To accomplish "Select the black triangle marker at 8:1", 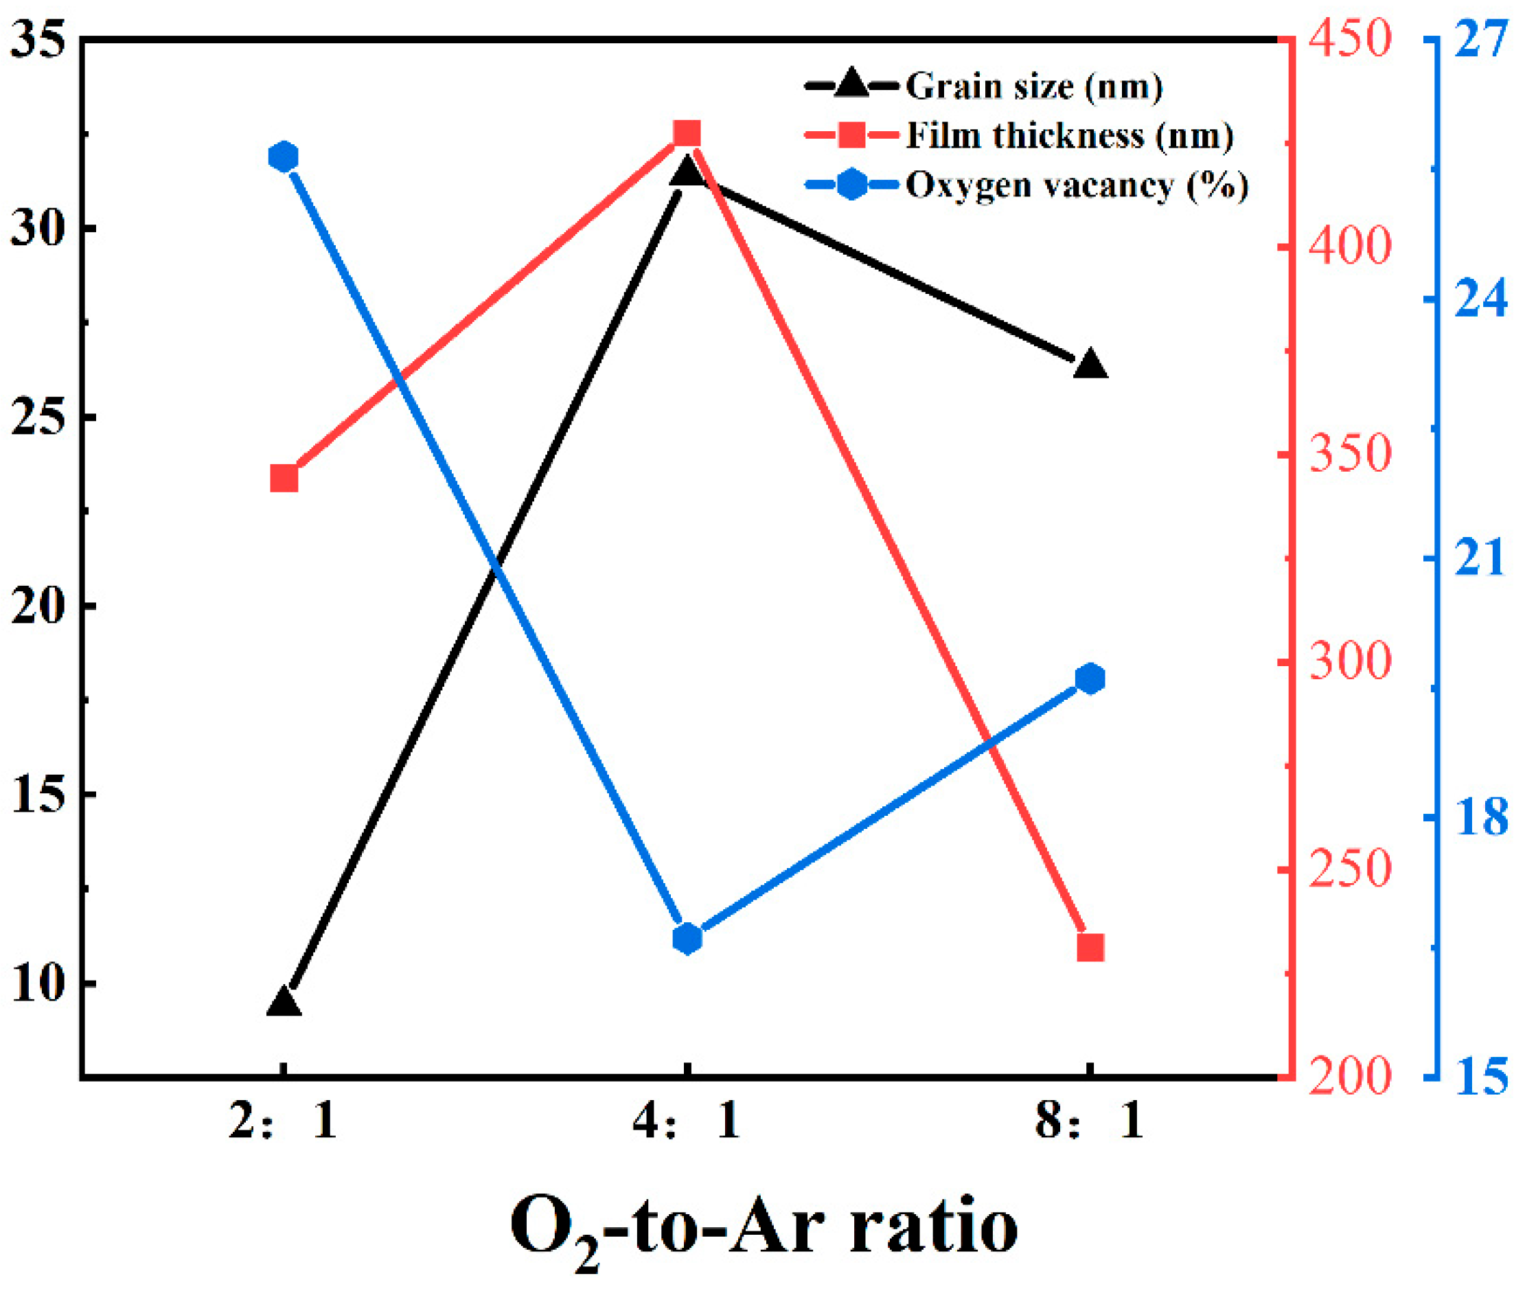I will coord(1090,365).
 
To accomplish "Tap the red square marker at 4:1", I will coord(687,135).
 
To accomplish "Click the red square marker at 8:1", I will coord(1090,947).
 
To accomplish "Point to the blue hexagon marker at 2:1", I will coord(284,157).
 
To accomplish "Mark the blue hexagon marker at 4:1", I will coord(687,938).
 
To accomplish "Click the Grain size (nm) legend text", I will coord(1033,87).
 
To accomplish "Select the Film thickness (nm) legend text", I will coord(1069,136).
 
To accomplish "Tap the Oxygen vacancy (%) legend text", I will coord(1077,185).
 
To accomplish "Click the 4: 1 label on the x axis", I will coord(687,1120).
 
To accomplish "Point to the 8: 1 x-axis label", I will coord(1090,1120).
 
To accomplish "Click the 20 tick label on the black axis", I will coord(38,606).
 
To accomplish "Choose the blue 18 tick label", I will coord(1480,817).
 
